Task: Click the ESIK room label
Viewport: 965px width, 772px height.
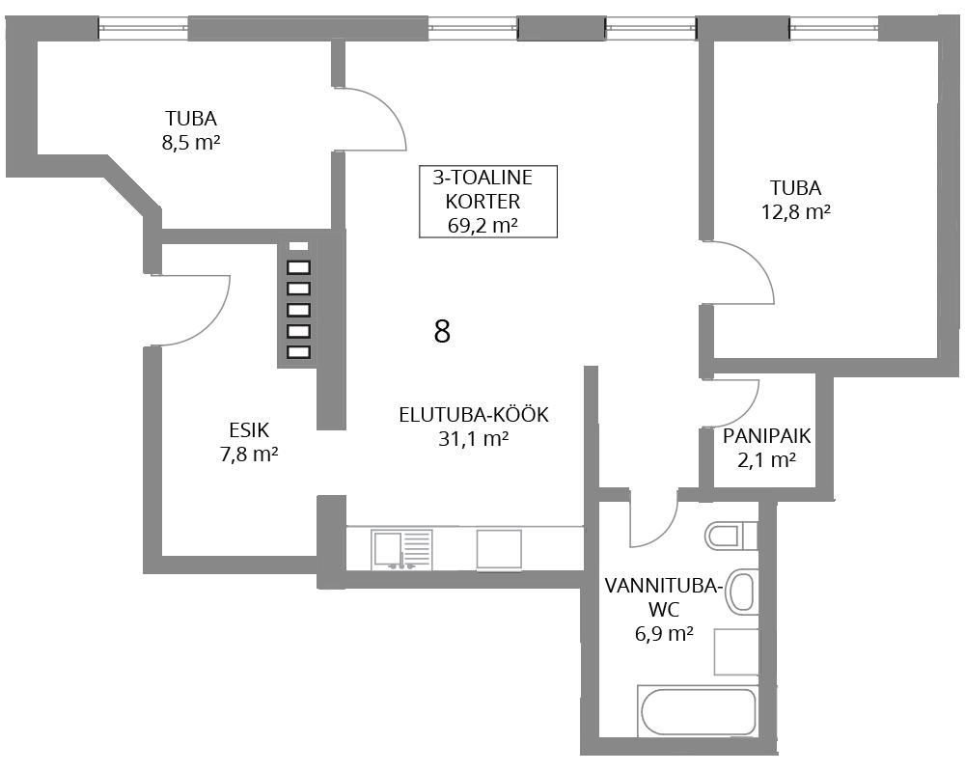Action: point(249,429)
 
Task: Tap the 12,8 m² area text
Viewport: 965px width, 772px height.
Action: point(796,212)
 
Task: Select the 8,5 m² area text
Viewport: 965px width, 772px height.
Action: point(191,143)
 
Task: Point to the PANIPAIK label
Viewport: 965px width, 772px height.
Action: point(766,436)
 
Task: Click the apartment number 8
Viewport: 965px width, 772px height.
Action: point(442,331)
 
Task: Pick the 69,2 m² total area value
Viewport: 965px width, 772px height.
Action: point(482,225)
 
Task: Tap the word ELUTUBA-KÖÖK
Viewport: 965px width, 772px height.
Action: point(473,415)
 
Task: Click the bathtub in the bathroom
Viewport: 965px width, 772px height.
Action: point(697,710)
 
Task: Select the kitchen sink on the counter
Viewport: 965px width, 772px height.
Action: point(401,550)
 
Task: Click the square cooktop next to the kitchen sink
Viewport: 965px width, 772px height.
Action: point(499,549)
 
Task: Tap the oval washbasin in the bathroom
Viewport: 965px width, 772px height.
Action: point(740,593)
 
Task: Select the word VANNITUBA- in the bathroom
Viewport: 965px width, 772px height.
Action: point(664,586)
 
